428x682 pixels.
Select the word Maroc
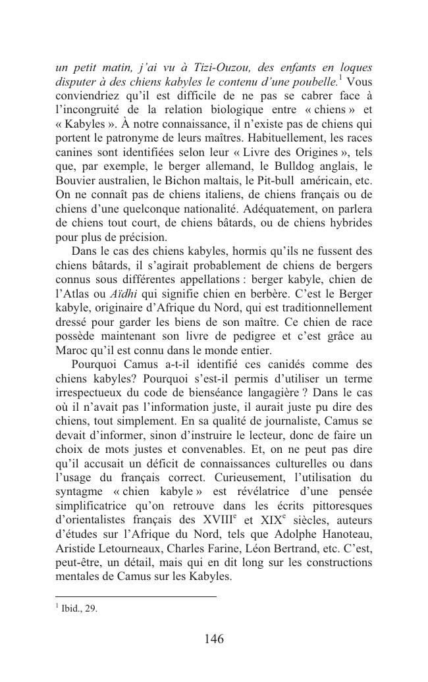point(71,350)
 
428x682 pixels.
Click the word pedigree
point(252,336)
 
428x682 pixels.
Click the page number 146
point(213,639)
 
